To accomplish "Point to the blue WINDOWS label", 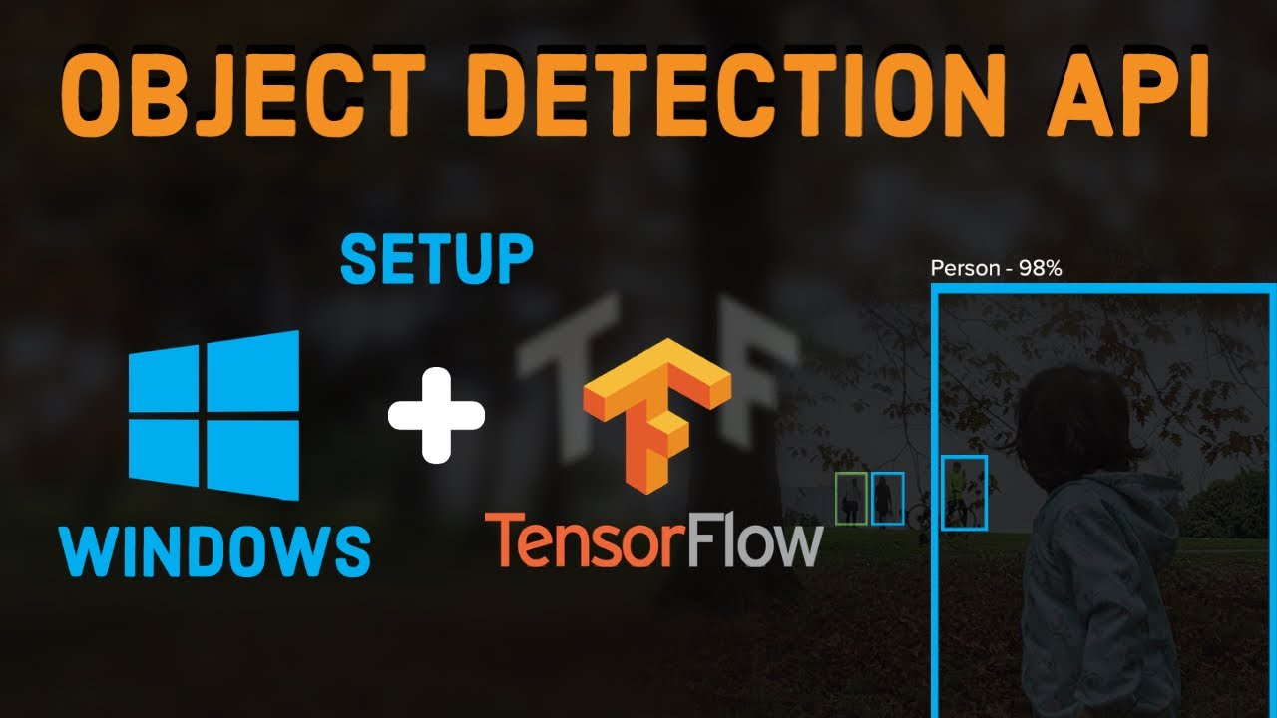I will point(214,548).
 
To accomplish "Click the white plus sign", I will point(436,416).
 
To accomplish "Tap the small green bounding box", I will point(850,498).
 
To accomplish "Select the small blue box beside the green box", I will point(887,498).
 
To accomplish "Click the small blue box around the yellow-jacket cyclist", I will point(964,492).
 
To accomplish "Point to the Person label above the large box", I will point(963,268).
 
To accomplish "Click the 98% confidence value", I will point(1040,268).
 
